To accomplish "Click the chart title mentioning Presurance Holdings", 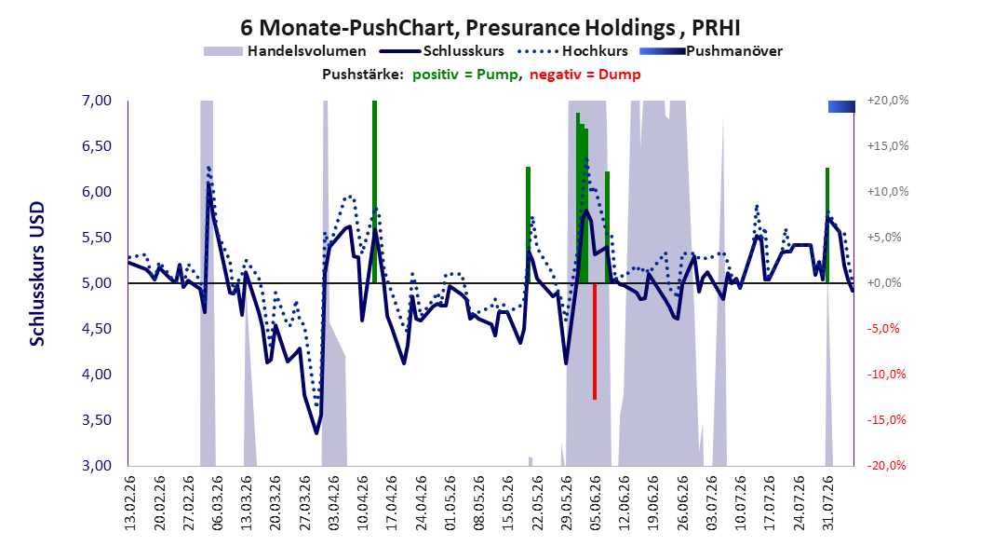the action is click(x=490, y=28).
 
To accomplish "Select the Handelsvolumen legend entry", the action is click(x=286, y=51).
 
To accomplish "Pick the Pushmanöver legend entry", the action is click(x=711, y=51).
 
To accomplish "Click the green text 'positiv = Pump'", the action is click(x=465, y=75).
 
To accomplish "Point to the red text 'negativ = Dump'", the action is click(x=585, y=75).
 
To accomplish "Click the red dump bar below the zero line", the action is click(x=595, y=341).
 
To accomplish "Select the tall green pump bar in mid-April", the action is click(x=374, y=192).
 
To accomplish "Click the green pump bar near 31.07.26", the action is click(x=827, y=225).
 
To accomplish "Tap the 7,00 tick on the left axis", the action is click(x=97, y=101).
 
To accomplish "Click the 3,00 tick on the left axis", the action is click(x=97, y=465).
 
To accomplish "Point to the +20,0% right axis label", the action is click(x=887, y=101).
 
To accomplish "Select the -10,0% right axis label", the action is click(x=887, y=375).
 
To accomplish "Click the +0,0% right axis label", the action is click(x=884, y=283).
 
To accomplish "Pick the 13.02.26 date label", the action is click(x=130, y=503).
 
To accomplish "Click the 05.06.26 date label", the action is click(x=596, y=503).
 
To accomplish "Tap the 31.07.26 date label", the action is click(x=828, y=503).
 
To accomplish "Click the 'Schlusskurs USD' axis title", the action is click(x=37, y=274).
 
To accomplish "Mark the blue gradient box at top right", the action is click(x=841, y=106).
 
